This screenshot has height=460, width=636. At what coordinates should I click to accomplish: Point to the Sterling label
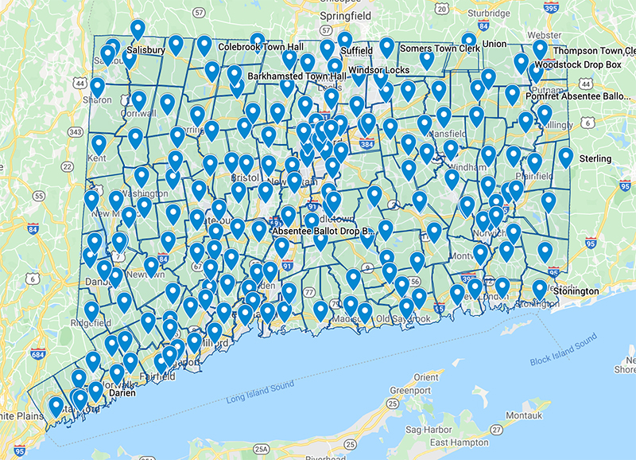tap(595, 158)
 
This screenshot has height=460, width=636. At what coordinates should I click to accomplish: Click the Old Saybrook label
tap(403, 319)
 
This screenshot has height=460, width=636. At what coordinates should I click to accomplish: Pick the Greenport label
tap(410, 391)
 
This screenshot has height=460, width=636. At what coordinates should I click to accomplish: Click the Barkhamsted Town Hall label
tap(297, 76)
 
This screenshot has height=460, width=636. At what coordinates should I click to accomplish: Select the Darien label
tap(123, 393)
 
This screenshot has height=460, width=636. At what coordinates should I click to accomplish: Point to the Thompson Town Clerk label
tap(599, 51)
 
